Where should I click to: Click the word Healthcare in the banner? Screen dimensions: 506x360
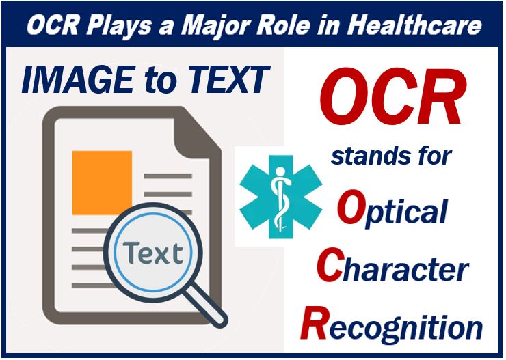coord(414,25)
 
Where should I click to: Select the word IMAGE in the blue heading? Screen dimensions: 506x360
coord(78,79)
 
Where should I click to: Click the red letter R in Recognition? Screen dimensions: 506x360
coord(314,322)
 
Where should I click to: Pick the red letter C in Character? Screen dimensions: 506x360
coord(330,265)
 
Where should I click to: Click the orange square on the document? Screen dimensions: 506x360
coord(102,182)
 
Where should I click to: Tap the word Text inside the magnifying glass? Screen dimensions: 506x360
coord(153,253)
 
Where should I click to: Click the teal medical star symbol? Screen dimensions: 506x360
coord(281,197)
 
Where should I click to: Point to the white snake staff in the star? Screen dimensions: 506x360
coord(280,197)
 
